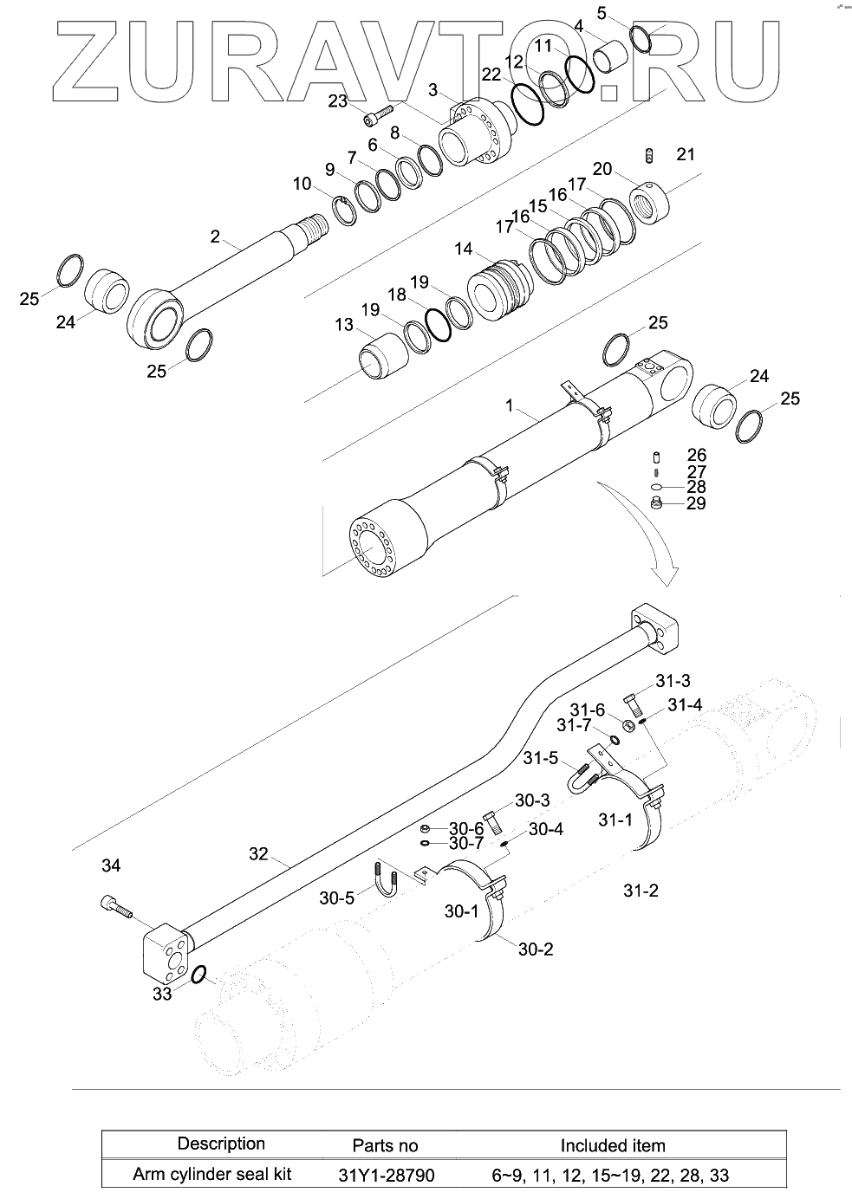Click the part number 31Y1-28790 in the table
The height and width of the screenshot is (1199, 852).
click(386, 1176)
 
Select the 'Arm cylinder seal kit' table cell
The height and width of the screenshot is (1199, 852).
click(211, 1175)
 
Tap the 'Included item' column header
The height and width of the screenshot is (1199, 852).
click(612, 1145)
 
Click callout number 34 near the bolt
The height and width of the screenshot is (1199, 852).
click(111, 865)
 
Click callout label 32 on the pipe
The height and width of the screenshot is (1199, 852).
click(258, 853)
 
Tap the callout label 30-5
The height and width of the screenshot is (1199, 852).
click(337, 898)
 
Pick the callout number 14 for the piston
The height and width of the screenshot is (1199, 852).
click(463, 250)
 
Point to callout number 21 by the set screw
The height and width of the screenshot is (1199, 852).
click(686, 154)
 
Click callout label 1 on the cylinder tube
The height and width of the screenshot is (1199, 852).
click(510, 405)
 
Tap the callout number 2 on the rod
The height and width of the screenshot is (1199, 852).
click(216, 235)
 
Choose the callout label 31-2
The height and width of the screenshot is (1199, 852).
click(641, 890)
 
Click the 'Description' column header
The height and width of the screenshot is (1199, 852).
click(220, 1144)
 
